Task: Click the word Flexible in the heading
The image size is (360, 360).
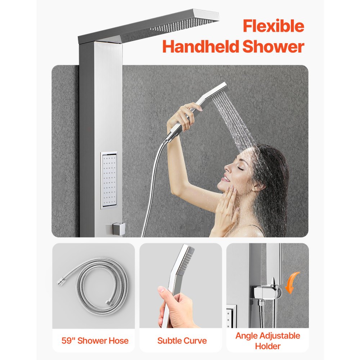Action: pyautogui.click(x=273, y=27)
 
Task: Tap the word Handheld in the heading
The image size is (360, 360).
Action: pyautogui.click(x=200, y=47)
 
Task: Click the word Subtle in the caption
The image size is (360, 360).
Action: pyautogui.click(x=170, y=341)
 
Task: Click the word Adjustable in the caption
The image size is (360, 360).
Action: pyautogui.click(x=277, y=336)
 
